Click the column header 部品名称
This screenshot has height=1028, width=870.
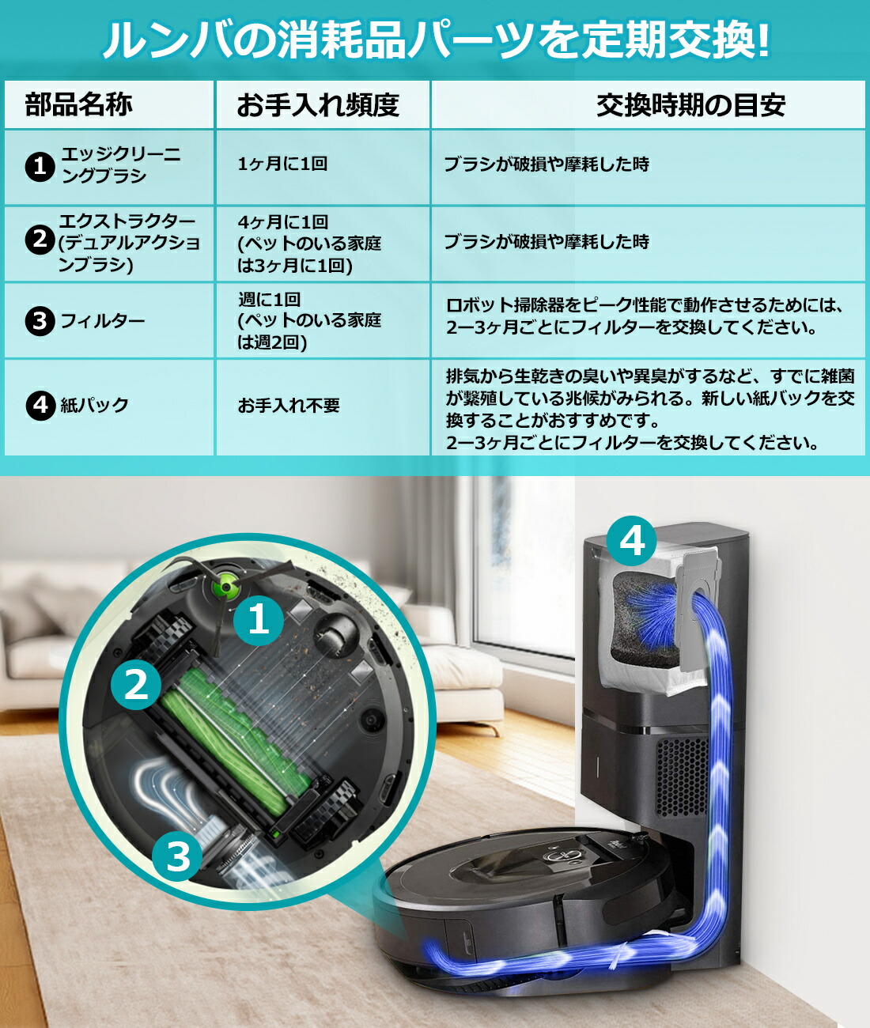(78, 104)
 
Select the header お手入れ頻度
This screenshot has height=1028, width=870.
(318, 104)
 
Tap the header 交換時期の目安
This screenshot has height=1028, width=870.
(690, 104)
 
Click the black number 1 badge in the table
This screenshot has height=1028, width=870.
(40, 166)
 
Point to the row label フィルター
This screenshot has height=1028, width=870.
(103, 321)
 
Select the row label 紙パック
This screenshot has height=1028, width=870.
(95, 405)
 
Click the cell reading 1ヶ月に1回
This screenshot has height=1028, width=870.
(282, 164)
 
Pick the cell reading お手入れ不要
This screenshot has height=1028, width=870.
(289, 406)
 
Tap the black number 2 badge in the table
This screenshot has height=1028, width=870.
(40, 239)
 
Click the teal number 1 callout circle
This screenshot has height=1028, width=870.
(259, 619)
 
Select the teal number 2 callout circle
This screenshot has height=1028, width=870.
(136, 685)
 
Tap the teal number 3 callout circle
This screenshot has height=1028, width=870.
(178, 855)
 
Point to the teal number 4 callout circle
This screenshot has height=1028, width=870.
(632, 542)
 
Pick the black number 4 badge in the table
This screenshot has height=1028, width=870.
(40, 405)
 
